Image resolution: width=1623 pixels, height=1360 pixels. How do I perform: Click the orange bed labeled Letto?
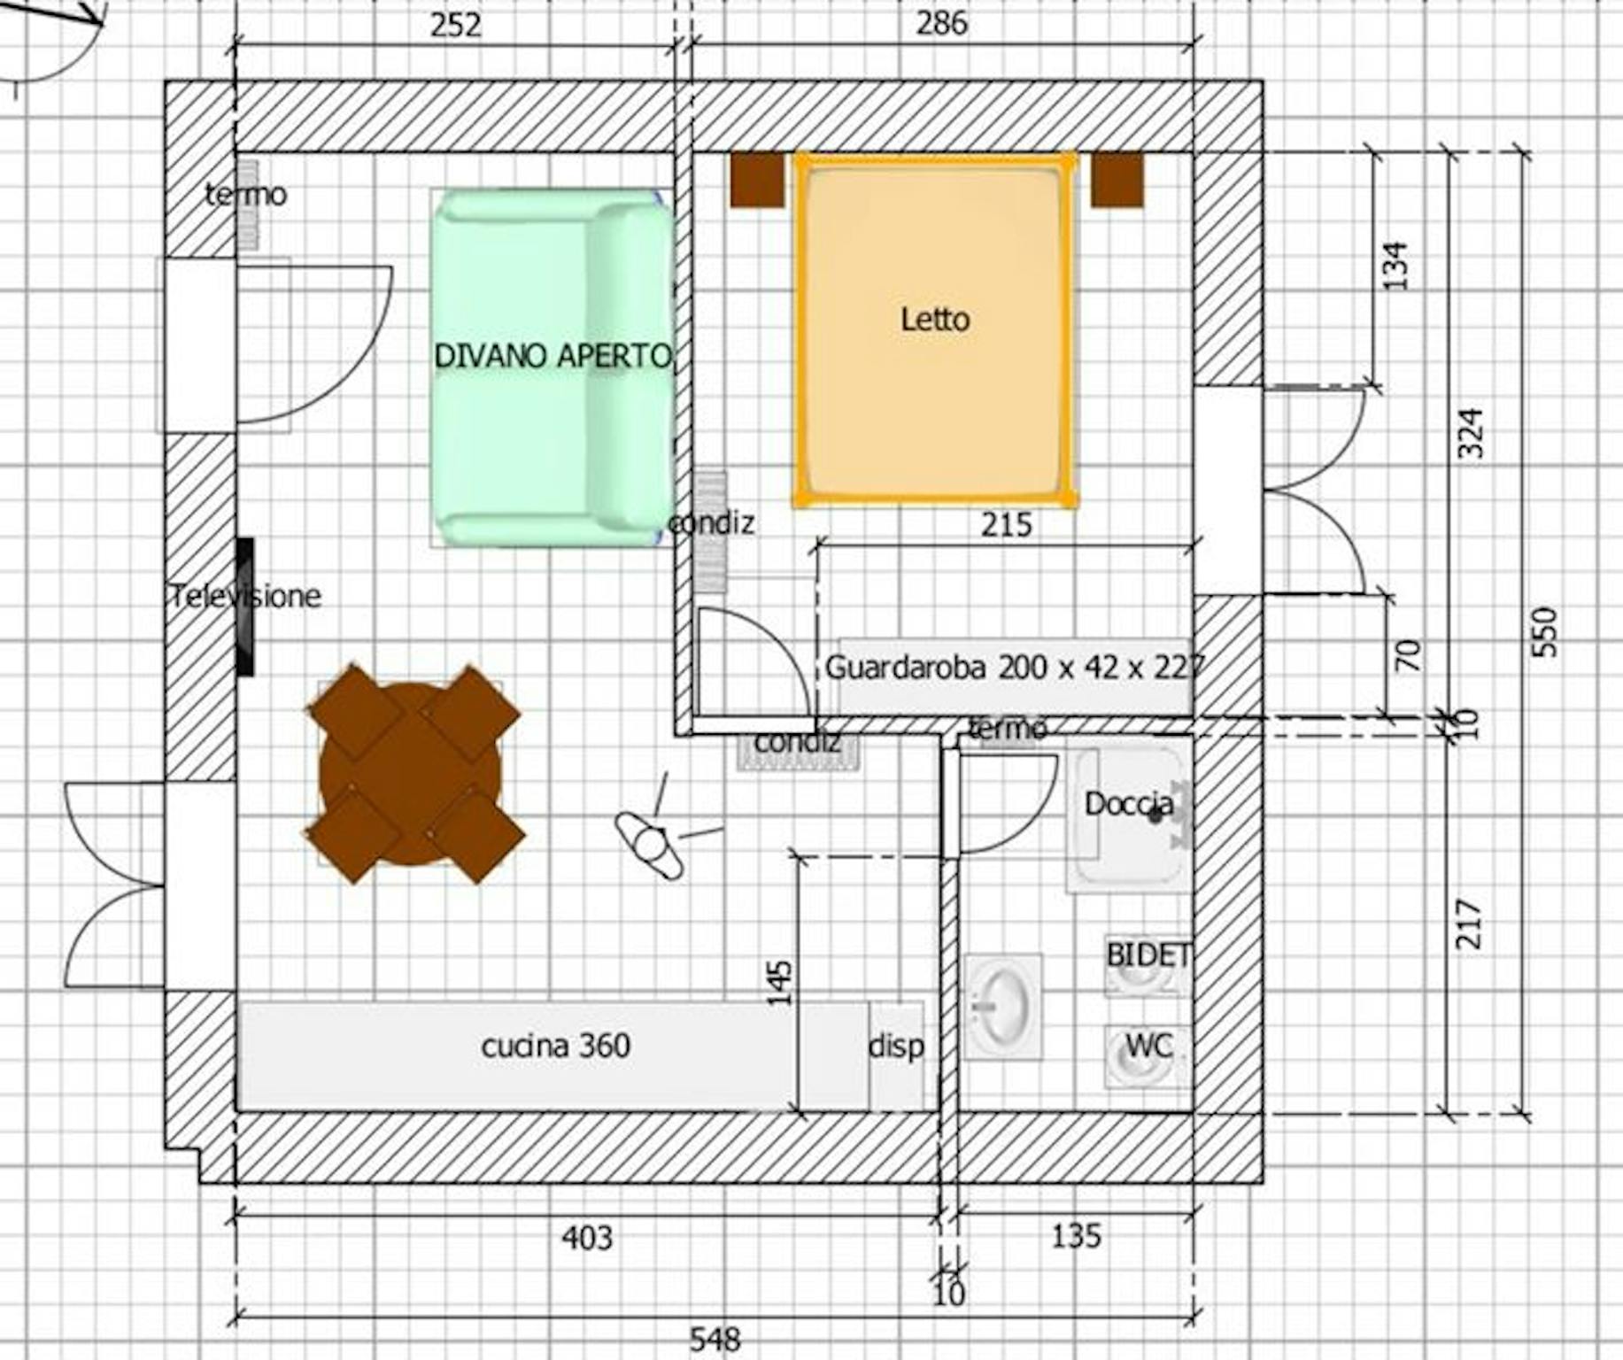(935, 329)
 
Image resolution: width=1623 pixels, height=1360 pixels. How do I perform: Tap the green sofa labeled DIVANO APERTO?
(551, 367)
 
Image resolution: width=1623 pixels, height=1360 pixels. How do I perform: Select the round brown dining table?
(413, 774)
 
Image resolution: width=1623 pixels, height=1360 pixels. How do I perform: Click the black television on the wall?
(245, 607)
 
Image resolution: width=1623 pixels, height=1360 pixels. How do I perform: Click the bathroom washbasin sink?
(1002, 1007)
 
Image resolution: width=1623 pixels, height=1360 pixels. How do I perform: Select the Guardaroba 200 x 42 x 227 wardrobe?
(1014, 676)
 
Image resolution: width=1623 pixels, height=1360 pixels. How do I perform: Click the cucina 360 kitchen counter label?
(556, 1046)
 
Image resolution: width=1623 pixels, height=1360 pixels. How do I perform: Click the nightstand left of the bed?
(757, 181)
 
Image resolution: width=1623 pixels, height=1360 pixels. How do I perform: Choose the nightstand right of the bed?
(1117, 181)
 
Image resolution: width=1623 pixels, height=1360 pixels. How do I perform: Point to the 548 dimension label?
(715, 1339)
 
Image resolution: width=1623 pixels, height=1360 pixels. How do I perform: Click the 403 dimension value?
(586, 1237)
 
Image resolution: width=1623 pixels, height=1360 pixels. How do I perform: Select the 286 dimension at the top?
(941, 23)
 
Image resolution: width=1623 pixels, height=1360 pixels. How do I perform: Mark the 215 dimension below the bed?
(1007, 525)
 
